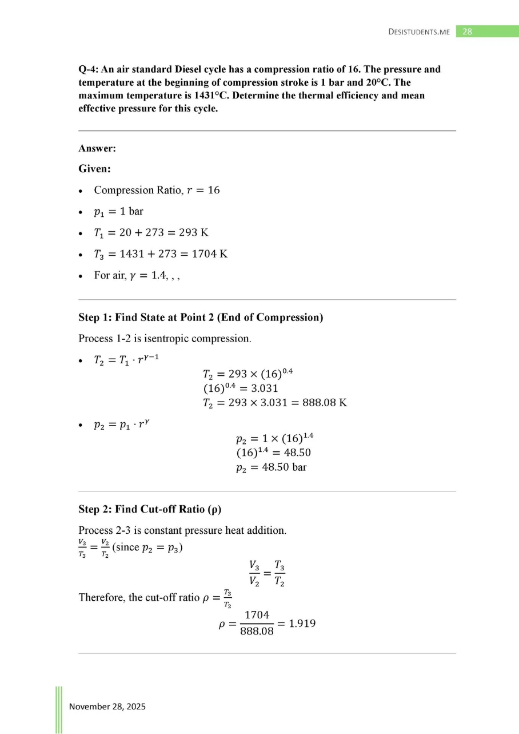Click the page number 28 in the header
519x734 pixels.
point(467,31)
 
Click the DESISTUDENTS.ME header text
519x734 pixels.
point(419,32)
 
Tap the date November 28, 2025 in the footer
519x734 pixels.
point(107,707)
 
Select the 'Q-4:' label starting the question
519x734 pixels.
point(89,69)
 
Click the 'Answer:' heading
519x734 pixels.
point(97,148)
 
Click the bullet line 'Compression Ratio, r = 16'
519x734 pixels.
point(157,190)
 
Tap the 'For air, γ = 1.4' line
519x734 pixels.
point(132,275)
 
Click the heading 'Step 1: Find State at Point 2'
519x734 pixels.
point(201,318)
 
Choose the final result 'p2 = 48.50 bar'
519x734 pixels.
point(271,467)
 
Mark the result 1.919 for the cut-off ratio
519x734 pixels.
point(300,623)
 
